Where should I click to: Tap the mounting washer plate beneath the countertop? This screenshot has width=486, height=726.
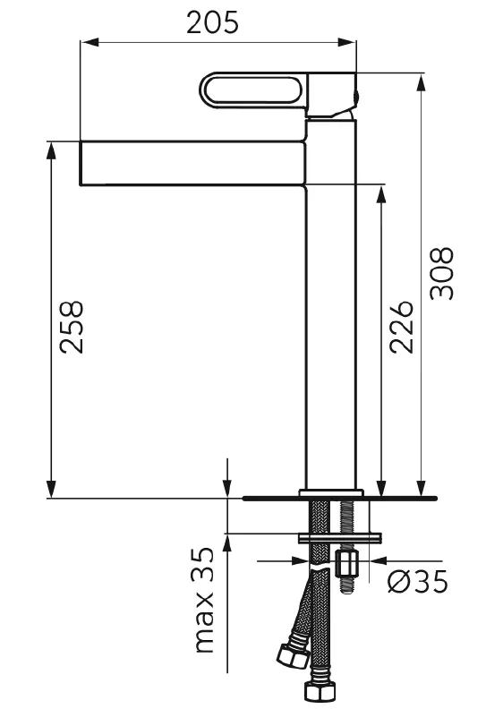tap(339, 537)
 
